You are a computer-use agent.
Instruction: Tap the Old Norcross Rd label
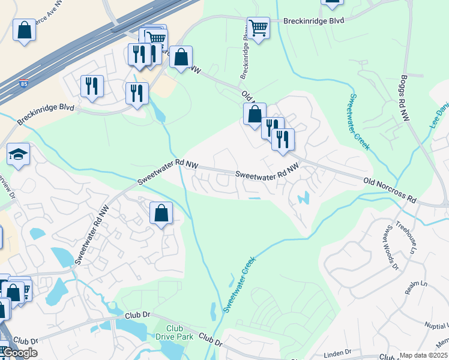pyautogui.click(x=390, y=189)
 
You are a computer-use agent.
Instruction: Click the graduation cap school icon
pyautogui.click(x=18, y=154)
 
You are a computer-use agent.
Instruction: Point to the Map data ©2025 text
pyautogui.click(x=423, y=355)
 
